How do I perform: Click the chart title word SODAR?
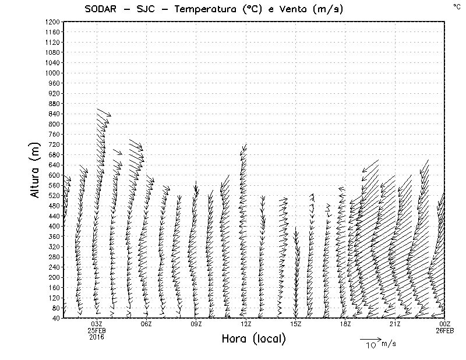pyautogui.click(x=107, y=9)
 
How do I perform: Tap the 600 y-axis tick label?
pyautogui.click(x=54, y=175)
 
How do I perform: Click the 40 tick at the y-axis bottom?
pyautogui.click(x=56, y=318)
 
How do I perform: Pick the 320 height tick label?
pyautogui.click(x=54, y=246)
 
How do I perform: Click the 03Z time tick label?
pyautogui.click(x=97, y=324)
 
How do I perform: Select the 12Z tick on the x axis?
pyautogui.click(x=246, y=324)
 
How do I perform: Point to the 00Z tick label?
pyautogui.click(x=444, y=324)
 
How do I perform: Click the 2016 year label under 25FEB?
pyautogui.click(x=97, y=337)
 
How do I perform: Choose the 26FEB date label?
pyautogui.click(x=444, y=330)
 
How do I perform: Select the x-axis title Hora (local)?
pyautogui.click(x=253, y=339)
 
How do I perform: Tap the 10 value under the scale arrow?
pyautogui.click(x=371, y=345)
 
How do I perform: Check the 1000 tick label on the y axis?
pyautogui.click(x=52, y=73)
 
